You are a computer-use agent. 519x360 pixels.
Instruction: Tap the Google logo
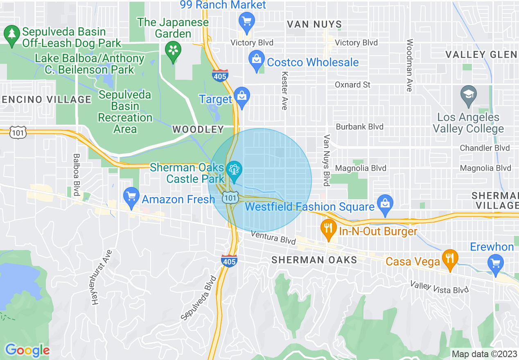coord(27,350)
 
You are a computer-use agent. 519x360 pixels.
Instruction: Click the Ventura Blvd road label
coord(273,237)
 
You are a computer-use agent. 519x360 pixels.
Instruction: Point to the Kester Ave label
coord(284,90)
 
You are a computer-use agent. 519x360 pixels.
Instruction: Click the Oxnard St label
coord(352,85)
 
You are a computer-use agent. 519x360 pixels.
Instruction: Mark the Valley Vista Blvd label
coord(439,287)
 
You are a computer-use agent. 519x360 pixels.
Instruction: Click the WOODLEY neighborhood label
coord(198,130)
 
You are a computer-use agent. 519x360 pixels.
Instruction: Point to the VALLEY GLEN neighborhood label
coord(481,54)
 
